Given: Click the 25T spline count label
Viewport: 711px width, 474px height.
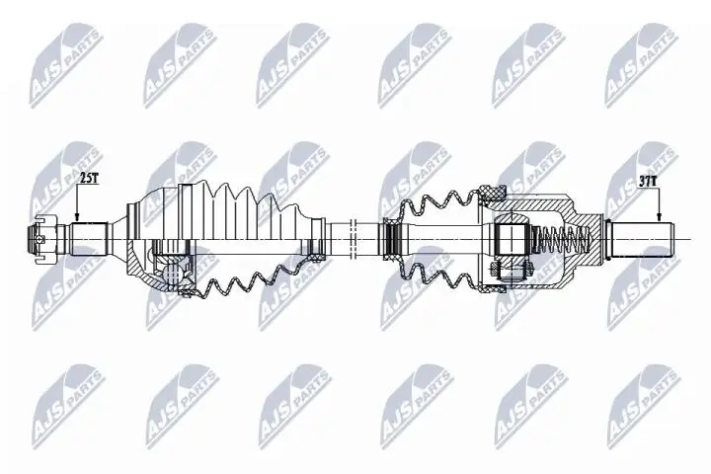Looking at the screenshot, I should coord(89,179).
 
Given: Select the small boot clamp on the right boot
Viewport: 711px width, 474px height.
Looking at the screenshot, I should coord(390,237).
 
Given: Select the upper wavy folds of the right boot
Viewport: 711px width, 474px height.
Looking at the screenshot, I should coord(434,202).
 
